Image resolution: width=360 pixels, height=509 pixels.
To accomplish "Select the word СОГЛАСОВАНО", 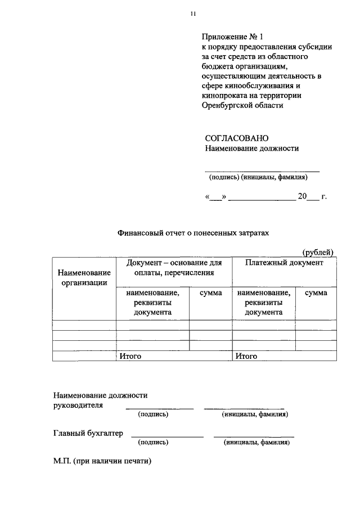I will tap(237, 138).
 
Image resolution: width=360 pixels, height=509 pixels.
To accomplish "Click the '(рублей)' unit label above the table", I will tap(318, 252).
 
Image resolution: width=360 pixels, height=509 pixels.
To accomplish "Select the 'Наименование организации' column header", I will tap(84, 277).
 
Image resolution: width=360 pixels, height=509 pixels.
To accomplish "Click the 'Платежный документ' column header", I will tap(284, 263).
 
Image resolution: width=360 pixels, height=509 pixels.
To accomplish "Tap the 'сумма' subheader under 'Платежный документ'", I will tap(316, 293).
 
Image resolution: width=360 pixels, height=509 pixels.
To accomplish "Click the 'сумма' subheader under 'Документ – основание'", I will tap(210, 293).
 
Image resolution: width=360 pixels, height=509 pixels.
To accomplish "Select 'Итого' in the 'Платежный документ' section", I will tap(246, 356).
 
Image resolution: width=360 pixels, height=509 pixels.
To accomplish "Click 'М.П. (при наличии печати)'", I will tap(102, 461).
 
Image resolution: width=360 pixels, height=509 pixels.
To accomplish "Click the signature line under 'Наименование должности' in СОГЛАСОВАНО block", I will tap(262, 170).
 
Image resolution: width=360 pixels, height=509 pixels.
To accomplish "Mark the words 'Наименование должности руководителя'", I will tap(100, 400).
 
